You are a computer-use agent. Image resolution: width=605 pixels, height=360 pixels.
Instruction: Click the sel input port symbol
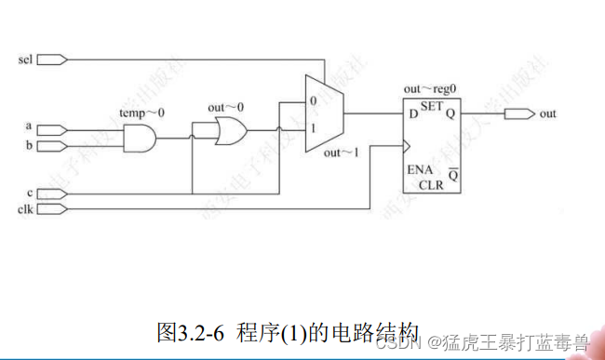pos(54,60)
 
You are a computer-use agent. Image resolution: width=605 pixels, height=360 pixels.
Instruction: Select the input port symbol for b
pos(54,146)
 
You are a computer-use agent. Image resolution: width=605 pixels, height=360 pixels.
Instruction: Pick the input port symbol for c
pos(54,193)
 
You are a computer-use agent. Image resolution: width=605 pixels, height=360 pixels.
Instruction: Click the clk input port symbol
pos(54,208)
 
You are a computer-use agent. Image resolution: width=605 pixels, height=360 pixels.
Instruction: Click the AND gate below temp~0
pos(141,139)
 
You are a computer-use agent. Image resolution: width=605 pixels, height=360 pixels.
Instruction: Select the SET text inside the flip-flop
pos(431,107)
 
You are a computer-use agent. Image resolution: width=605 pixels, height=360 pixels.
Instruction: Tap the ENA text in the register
pos(418,171)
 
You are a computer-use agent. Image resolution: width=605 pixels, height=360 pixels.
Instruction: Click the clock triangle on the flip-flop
pos(406,145)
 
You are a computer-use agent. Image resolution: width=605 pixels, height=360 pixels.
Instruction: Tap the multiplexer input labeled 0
pos(313,99)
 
